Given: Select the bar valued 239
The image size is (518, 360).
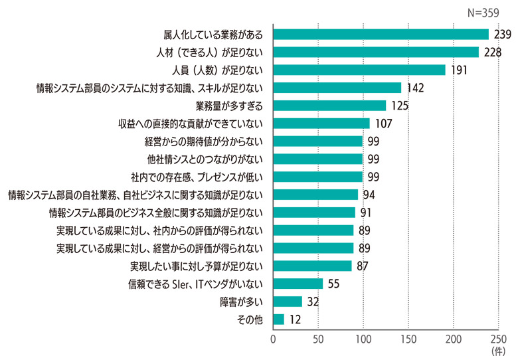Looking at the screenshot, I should tap(381, 34).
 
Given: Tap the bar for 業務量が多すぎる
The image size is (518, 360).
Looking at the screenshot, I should tap(329, 105).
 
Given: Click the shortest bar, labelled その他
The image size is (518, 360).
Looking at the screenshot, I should tap(278, 319).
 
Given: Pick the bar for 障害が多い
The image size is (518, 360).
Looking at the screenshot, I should tap(288, 302).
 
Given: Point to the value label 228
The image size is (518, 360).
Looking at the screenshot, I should tap(492, 52).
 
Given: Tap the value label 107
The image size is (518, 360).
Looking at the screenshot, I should tap(383, 124).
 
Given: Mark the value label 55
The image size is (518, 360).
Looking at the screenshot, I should tap(334, 284).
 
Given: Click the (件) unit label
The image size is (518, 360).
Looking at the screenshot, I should tap(498, 349).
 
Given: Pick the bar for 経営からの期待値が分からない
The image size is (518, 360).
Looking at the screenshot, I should tap(318, 141).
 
